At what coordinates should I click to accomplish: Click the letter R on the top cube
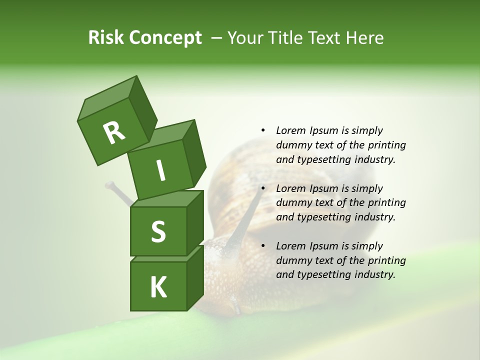(x=114, y=133)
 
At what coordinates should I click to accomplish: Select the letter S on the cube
(x=158, y=231)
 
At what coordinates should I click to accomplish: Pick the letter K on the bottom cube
(x=158, y=287)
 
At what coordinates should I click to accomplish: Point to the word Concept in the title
(x=166, y=38)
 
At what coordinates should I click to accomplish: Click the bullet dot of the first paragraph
(x=263, y=130)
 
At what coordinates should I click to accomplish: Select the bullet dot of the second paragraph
(x=263, y=188)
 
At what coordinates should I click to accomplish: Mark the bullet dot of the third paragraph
(x=263, y=246)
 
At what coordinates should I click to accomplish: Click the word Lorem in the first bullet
(x=290, y=130)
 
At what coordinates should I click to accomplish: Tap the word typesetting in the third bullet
(x=320, y=274)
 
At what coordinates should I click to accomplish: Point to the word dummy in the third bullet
(x=292, y=260)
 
